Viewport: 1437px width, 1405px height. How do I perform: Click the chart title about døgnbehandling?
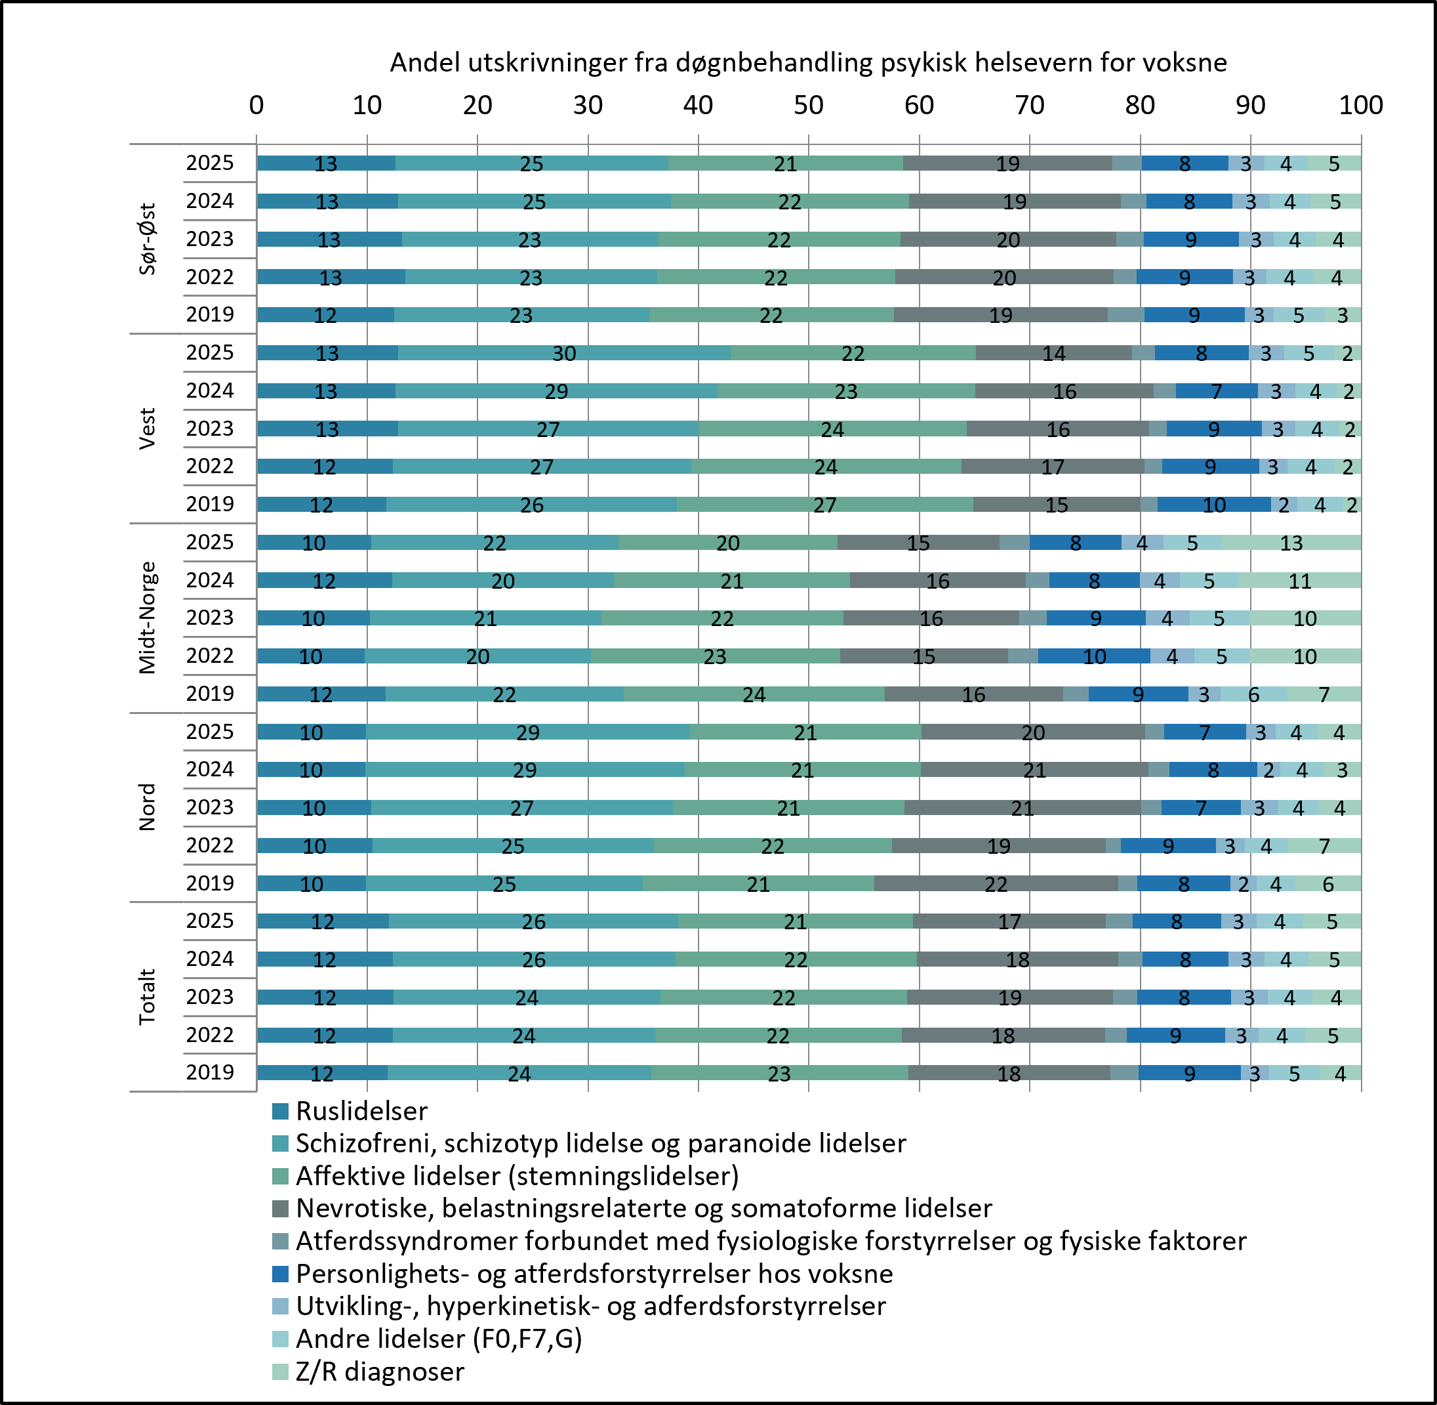pyautogui.click(x=808, y=63)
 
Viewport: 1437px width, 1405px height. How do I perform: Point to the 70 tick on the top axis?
pyautogui.click(x=1029, y=105)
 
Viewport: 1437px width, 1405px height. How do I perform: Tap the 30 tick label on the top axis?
pyautogui.click(x=588, y=105)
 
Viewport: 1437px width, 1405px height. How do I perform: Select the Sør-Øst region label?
pyautogui.click(x=148, y=239)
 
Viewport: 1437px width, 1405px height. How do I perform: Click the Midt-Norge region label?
pyautogui.click(x=148, y=618)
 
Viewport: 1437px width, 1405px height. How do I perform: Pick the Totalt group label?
pyautogui.click(x=148, y=997)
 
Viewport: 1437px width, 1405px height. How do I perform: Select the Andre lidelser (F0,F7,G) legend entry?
pyautogui.click(x=426, y=1338)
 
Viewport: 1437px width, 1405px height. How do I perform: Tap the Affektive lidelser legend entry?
pyautogui.click(x=504, y=1175)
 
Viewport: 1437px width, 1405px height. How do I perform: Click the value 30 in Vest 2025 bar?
pyautogui.click(x=564, y=354)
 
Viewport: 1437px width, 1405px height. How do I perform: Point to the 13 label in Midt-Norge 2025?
pyautogui.click(x=1291, y=543)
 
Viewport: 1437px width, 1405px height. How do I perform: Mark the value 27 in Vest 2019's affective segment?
pyautogui.click(x=824, y=505)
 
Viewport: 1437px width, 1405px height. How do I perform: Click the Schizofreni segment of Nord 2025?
pyautogui.click(x=527, y=732)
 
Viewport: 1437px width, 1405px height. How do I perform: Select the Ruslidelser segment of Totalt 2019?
pyautogui.click(x=323, y=1073)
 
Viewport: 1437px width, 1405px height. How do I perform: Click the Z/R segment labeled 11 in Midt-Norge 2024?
pyautogui.click(x=1300, y=581)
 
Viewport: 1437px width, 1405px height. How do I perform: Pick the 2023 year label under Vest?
pyautogui.click(x=209, y=428)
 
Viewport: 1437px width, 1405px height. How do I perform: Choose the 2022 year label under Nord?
pyautogui.click(x=209, y=845)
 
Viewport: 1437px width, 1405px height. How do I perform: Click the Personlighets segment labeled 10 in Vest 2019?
pyautogui.click(x=1214, y=505)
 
